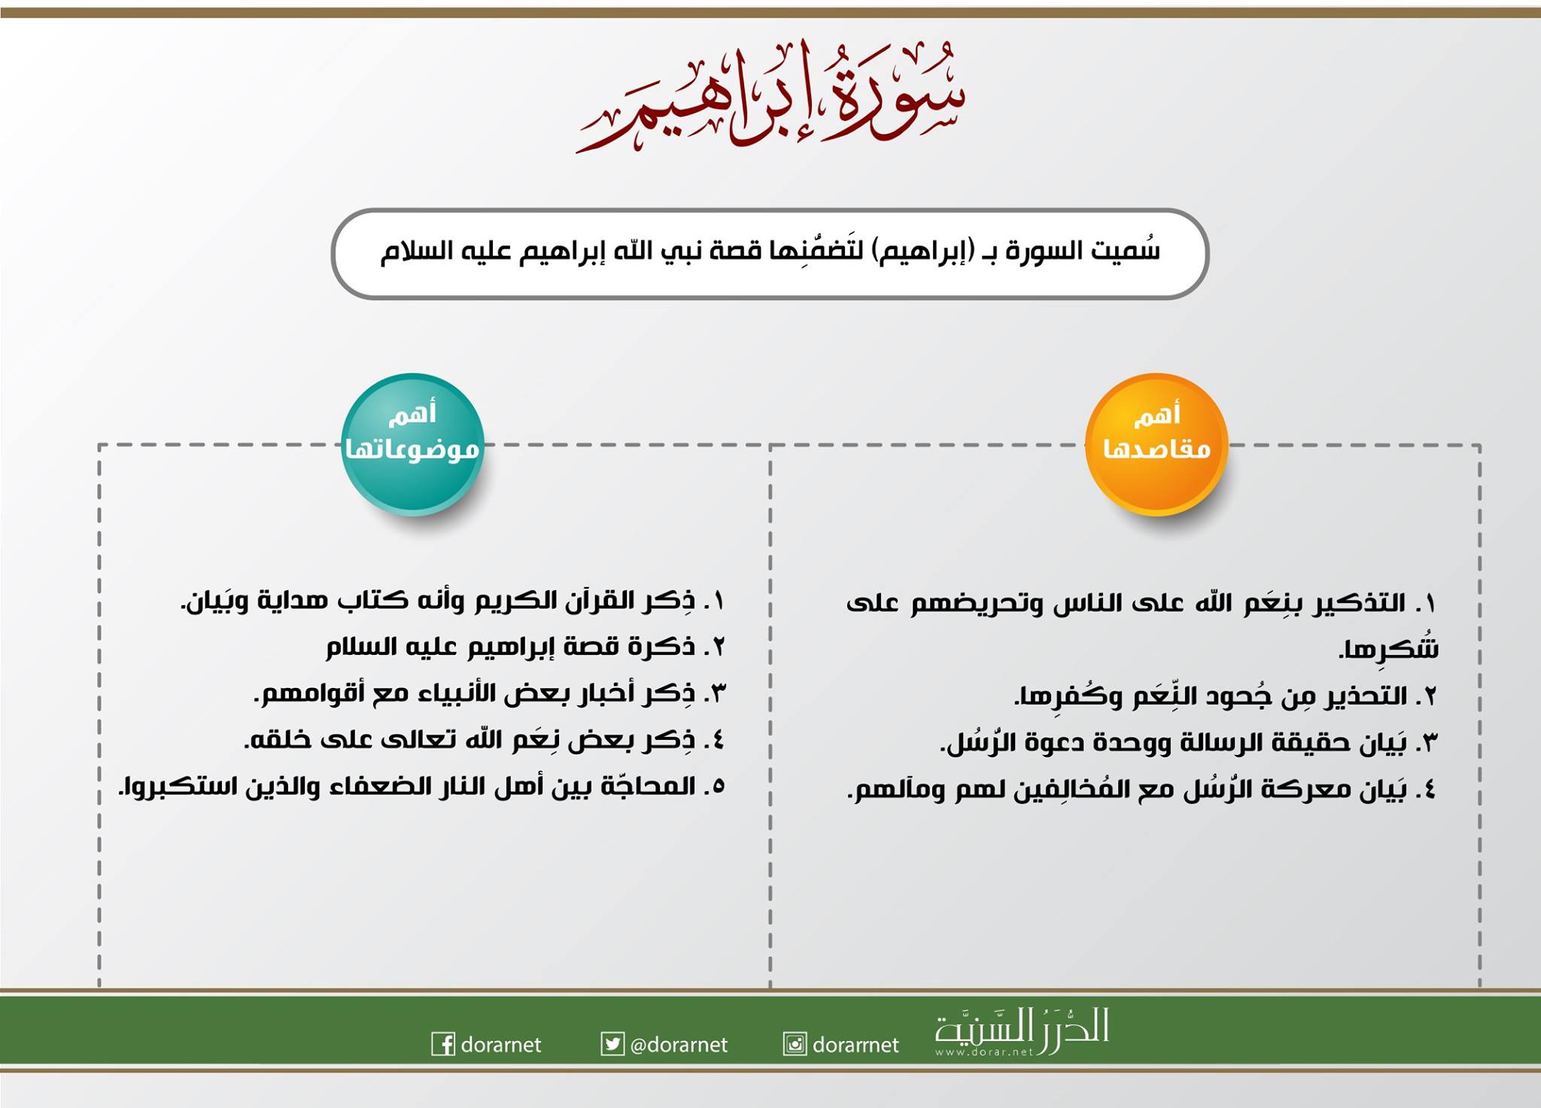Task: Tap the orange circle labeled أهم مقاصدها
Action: coord(1157,444)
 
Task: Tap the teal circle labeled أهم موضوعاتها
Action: coord(412,444)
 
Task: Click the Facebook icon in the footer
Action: coord(443,1044)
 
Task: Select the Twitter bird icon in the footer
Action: coord(612,1044)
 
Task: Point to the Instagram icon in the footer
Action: coord(795,1044)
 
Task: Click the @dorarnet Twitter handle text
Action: coord(679,1045)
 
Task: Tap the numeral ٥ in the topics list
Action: coord(716,787)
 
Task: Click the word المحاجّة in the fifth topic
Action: coord(647,786)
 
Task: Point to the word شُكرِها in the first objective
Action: coord(1389,649)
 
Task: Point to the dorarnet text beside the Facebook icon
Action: coord(501,1045)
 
